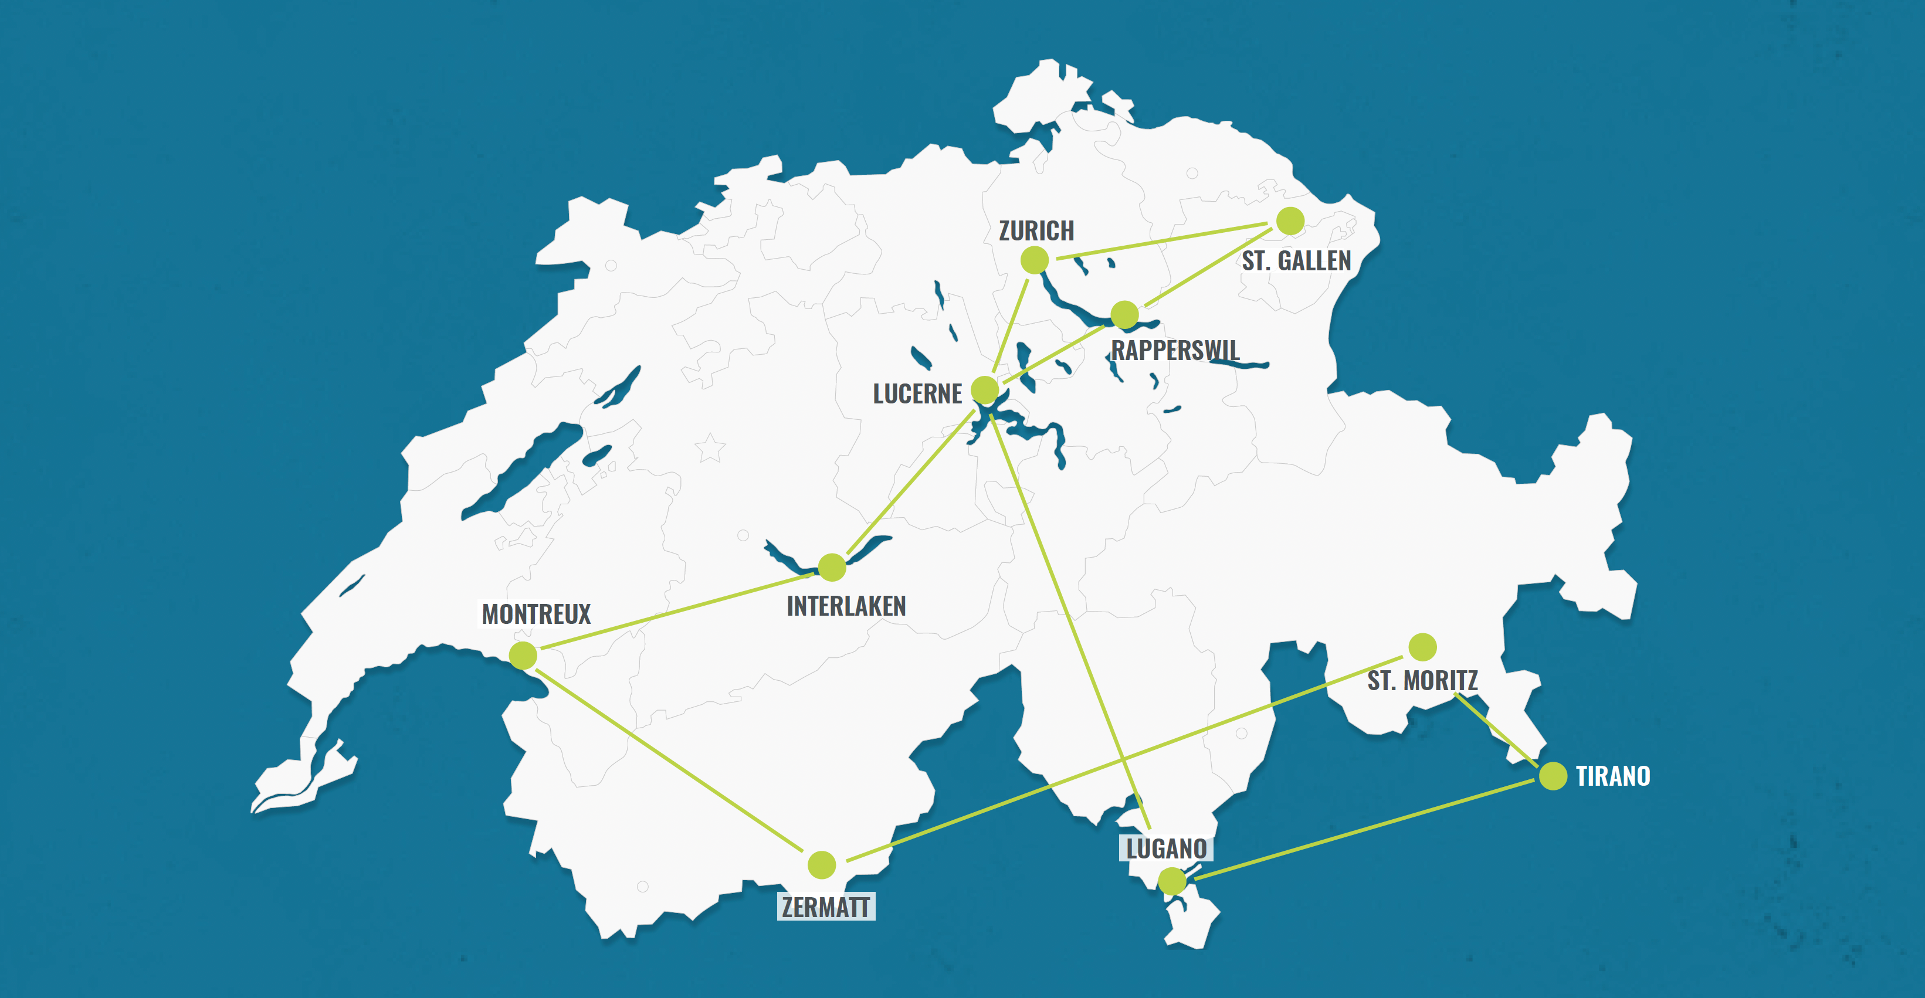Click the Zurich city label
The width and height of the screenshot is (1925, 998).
pos(1036,231)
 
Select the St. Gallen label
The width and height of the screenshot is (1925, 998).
pos(1297,261)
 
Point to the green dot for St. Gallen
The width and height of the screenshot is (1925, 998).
pos(1290,221)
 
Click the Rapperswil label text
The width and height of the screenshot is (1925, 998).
pos(1175,350)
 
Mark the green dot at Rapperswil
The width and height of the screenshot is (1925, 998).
pos(1124,314)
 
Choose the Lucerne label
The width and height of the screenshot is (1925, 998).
pos(918,393)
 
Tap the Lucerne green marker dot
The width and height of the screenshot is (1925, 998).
pos(985,389)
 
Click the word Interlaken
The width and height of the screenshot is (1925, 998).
pos(846,606)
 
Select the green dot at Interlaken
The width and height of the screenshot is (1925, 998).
pos(832,568)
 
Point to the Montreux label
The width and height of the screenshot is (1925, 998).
pos(536,614)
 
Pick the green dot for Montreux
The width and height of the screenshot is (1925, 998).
pos(523,655)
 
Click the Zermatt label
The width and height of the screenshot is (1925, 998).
pos(826,907)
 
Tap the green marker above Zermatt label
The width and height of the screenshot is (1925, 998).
pos(822,865)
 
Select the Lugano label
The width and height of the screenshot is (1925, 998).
pos(1167,848)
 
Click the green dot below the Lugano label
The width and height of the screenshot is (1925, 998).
pos(1172,881)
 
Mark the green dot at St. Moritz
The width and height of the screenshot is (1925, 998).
pos(1423,647)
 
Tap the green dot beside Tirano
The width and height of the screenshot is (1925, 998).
pos(1553,776)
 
